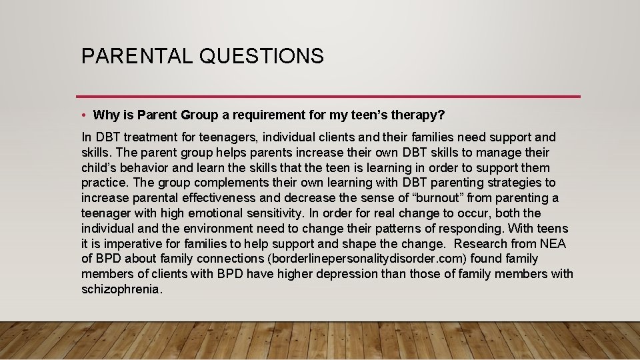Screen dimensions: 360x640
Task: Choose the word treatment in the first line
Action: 151,137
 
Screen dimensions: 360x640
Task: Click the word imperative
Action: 125,243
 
